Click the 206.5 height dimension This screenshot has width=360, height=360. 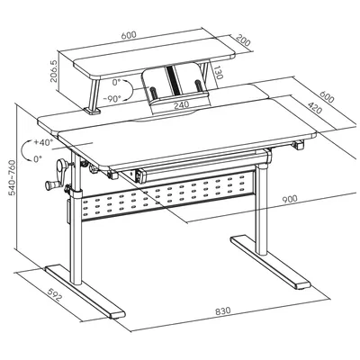tap(54, 71)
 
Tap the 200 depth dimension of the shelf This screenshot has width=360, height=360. tap(243, 40)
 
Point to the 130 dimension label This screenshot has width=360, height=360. tap(219, 72)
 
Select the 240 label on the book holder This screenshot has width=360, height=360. tap(182, 104)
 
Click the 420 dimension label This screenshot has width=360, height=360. tap(315, 108)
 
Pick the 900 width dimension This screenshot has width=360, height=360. tap(289, 199)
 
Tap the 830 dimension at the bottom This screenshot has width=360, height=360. tap(223, 310)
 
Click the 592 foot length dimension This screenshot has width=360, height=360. tap(55, 294)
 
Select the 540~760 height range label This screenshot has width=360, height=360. tap(12, 178)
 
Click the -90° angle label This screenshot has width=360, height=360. tap(112, 98)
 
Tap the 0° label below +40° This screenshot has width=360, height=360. tap(38, 158)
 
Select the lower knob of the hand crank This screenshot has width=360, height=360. tap(49, 185)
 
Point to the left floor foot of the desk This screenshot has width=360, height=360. tap(85, 291)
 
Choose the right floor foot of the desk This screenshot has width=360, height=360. tap(270, 263)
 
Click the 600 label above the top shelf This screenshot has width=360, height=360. tap(129, 35)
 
